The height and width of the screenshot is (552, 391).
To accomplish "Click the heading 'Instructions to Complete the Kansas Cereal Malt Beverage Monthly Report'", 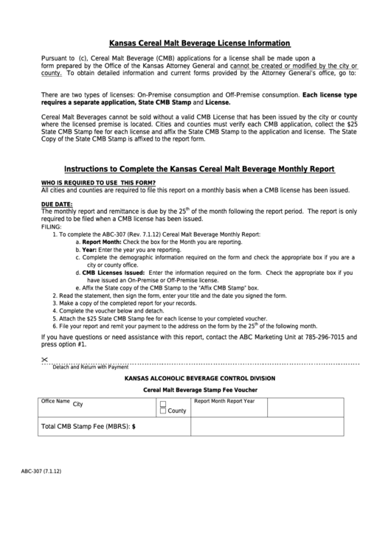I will (199, 169).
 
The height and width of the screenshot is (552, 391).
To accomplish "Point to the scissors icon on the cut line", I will (45, 359).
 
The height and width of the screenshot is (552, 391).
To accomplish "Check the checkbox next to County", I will (163, 410).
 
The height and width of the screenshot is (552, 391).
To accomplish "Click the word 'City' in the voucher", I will (77, 405).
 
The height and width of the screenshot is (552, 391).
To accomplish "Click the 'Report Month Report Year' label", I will (224, 402).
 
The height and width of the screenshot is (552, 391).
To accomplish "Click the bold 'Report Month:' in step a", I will (101, 242).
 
